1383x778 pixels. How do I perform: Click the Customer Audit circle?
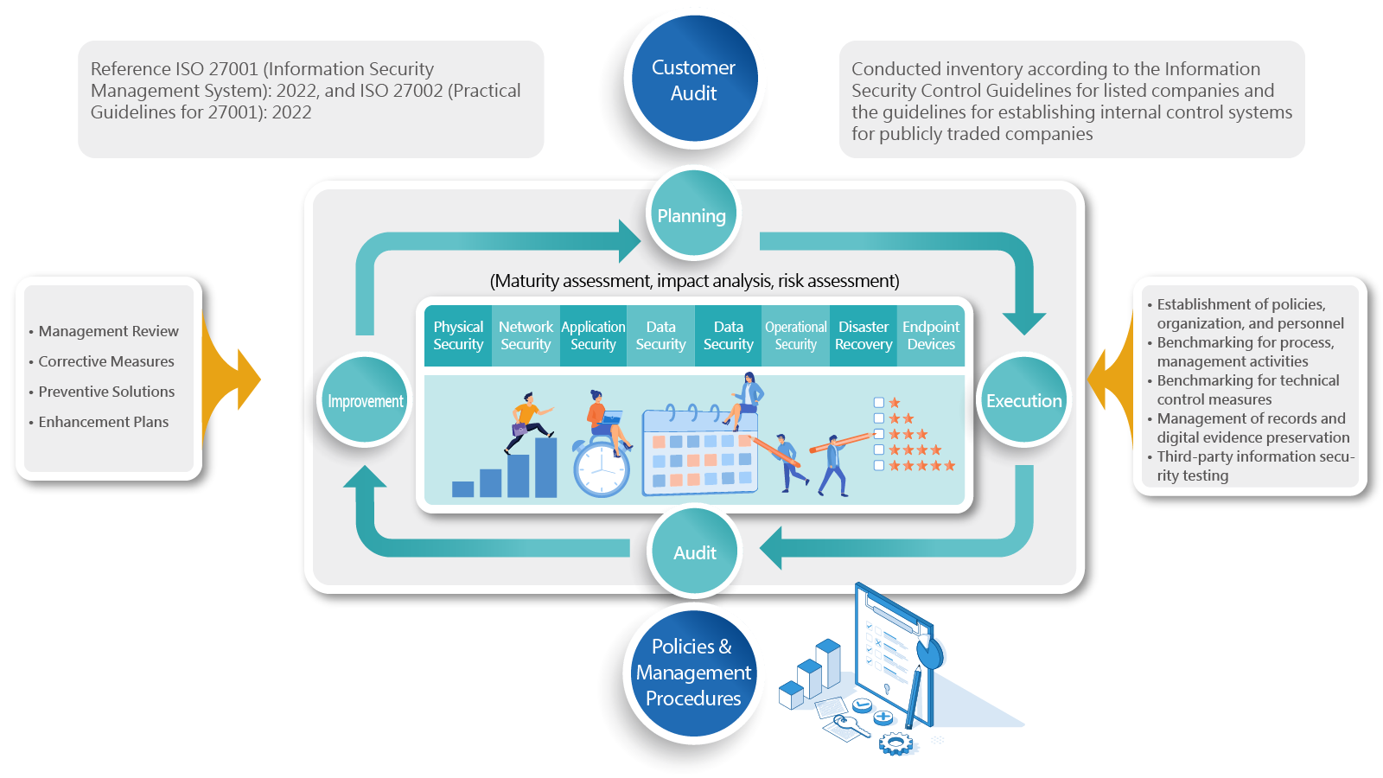[692, 80]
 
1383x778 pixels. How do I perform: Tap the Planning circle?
[691, 215]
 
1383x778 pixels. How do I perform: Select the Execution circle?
[1023, 400]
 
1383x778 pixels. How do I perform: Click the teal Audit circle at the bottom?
[694, 552]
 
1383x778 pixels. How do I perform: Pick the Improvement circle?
[365, 401]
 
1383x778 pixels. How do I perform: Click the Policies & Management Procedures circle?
[692, 673]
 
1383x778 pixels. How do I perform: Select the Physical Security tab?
[458, 335]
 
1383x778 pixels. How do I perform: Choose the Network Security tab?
[526, 335]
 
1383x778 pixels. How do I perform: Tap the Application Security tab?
[593, 335]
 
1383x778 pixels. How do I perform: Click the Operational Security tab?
[795, 335]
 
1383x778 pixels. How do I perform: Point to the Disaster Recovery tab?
[863, 335]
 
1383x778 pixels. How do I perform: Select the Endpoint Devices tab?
[931, 335]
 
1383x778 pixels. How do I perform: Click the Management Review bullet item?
[108, 331]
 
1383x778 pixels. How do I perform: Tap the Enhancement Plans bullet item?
[103, 422]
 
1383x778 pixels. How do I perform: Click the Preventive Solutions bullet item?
[106, 392]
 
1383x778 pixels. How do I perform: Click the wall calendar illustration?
[699, 454]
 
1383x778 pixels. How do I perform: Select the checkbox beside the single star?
[879, 403]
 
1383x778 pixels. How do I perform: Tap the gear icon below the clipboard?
[895, 743]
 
